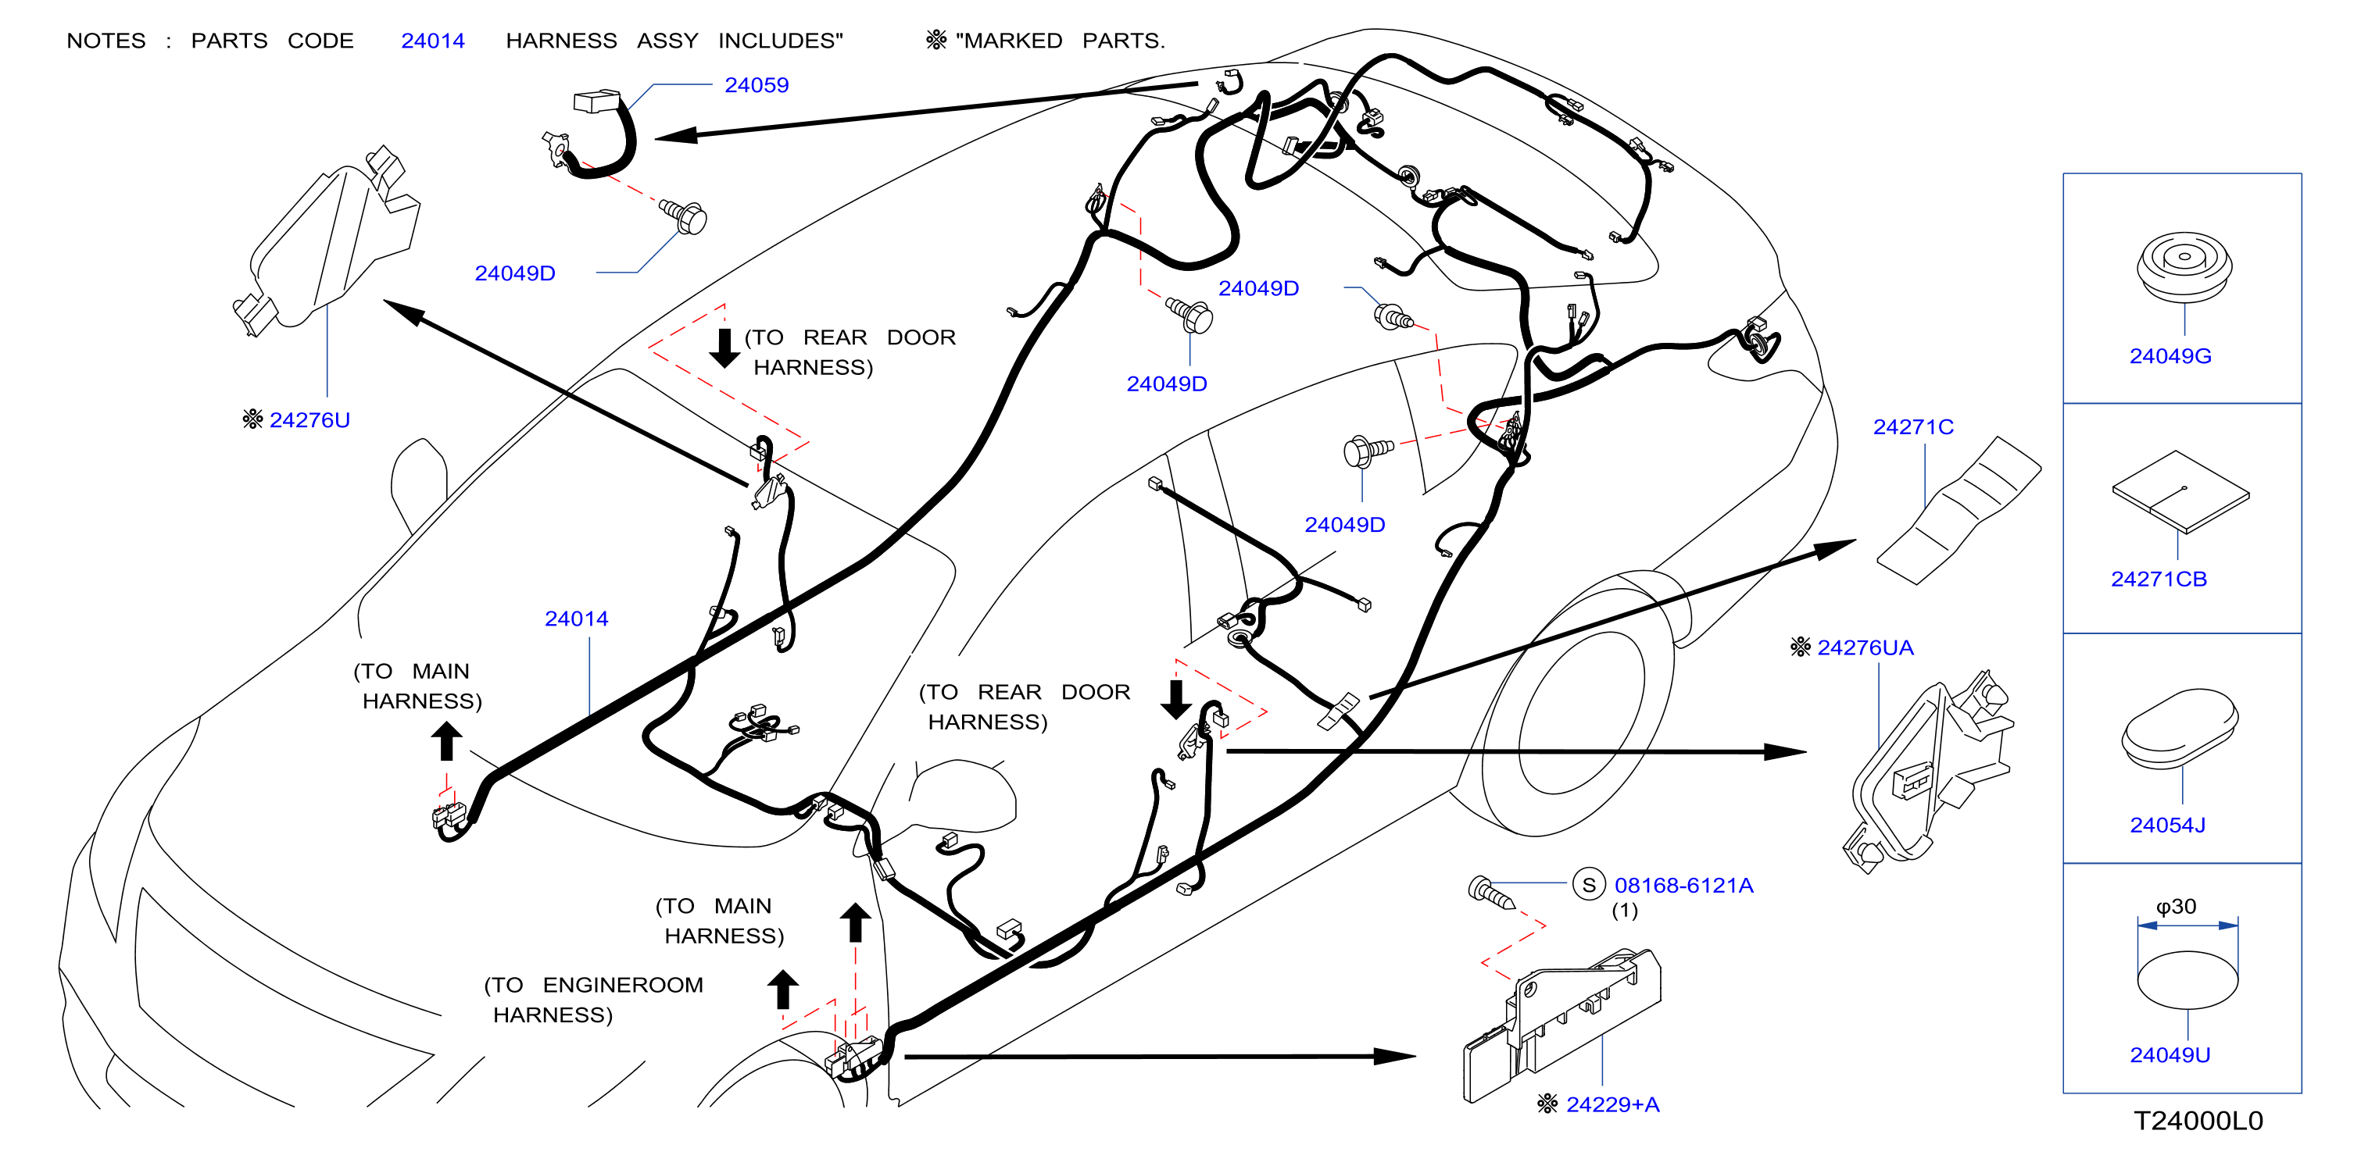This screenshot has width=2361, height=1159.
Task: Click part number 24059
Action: click(757, 85)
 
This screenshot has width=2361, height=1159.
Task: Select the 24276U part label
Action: click(309, 419)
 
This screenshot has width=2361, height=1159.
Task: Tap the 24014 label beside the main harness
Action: click(577, 619)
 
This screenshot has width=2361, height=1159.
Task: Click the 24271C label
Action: click(1913, 427)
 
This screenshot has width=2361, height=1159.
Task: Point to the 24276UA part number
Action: click(1866, 647)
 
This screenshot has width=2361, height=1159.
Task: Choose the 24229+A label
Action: click(1613, 1104)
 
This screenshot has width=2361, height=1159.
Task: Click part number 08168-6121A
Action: click(1683, 885)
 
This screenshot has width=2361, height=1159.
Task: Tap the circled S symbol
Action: click(1588, 885)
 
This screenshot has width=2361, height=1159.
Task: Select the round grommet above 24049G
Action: click(2184, 266)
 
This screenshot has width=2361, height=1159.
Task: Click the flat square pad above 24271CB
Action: click(2180, 492)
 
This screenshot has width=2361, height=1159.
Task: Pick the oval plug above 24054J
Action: click(2180, 729)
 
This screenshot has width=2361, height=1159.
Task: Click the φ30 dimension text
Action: click(2176, 906)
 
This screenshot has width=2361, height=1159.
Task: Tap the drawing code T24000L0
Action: click(2198, 1121)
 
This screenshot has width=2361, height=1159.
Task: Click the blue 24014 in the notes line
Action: click(433, 41)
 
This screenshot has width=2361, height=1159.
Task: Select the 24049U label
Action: click(2170, 1054)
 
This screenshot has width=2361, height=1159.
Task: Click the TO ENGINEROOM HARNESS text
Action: click(594, 1000)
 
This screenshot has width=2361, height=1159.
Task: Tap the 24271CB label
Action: click(2159, 579)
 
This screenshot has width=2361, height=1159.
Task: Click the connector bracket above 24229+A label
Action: click(1561, 1025)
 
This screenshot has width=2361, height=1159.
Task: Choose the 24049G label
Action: click(2170, 355)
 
